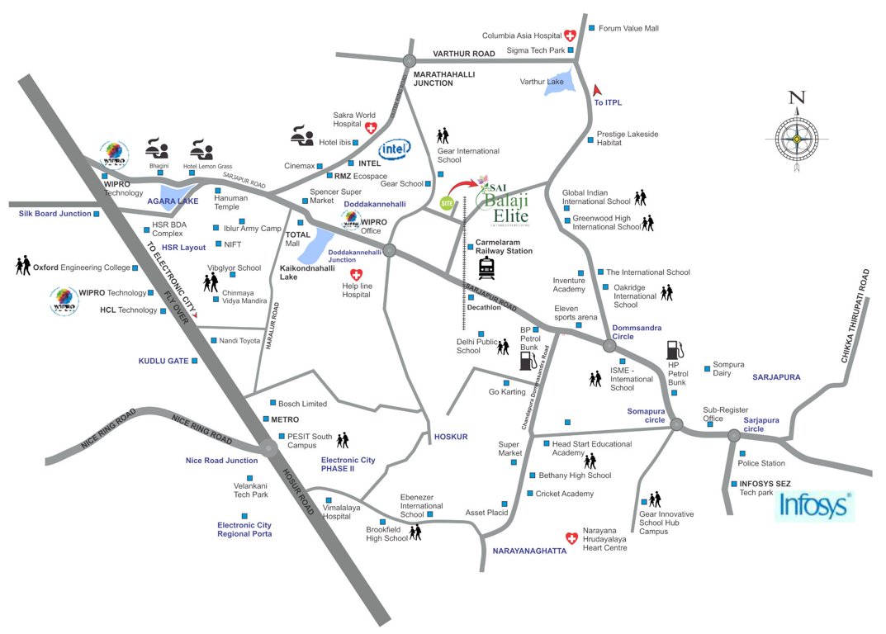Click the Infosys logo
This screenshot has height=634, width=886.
pos(813,505)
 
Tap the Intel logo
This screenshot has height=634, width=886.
pos(395,150)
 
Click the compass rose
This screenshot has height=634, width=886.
pos(796,139)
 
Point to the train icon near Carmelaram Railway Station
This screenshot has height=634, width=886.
pos(486,269)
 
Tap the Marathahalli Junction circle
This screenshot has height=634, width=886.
pos(410,60)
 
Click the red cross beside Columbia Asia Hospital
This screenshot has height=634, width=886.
pos(570,35)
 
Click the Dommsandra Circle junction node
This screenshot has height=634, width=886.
pos(610,344)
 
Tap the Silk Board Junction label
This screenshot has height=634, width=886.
pos(54,214)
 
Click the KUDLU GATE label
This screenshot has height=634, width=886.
pos(163,361)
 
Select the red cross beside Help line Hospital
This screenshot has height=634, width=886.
pos(357,274)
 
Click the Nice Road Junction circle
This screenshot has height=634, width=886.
pos(268,448)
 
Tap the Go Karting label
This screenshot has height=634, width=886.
pos(507,392)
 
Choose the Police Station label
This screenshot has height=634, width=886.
pos(761,463)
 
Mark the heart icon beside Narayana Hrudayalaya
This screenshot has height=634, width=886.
pos(569,537)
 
